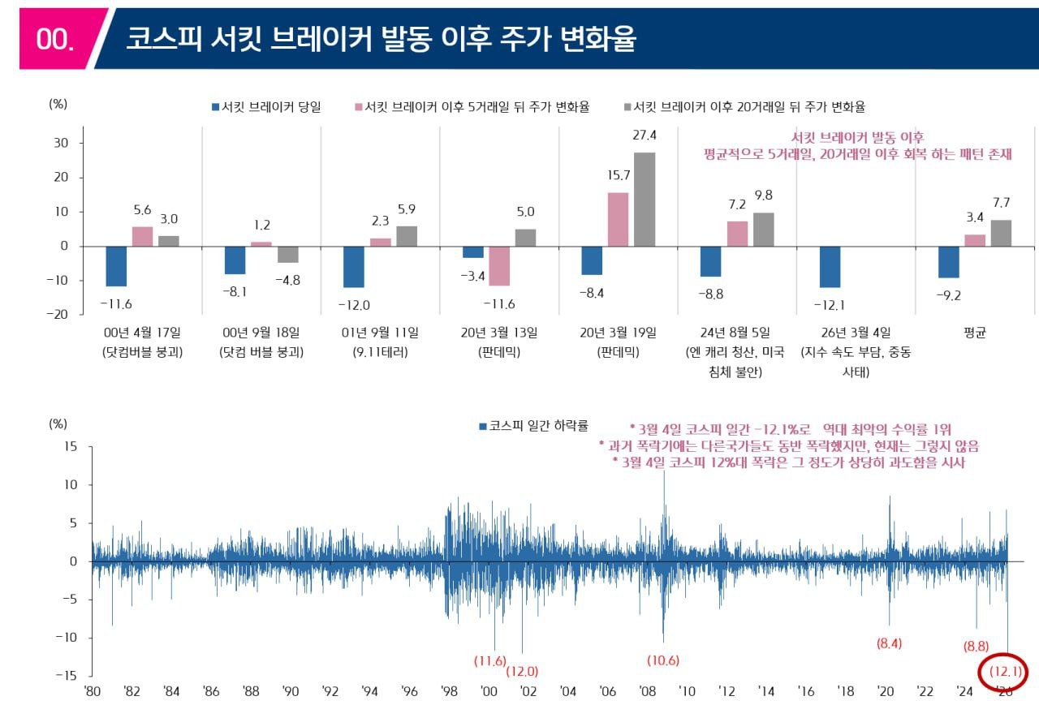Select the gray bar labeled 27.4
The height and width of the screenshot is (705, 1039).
coord(645,199)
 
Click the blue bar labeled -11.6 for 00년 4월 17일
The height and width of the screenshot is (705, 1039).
coord(116,266)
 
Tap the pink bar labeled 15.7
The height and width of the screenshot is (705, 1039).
coord(618,219)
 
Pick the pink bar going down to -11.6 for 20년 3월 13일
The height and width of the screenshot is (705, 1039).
coord(499,266)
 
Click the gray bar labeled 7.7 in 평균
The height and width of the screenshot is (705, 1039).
coord(1001,233)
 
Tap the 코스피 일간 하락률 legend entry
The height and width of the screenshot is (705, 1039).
coord(532,425)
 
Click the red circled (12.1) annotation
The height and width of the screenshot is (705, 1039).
coord(1004,672)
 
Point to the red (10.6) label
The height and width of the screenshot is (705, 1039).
coord(663,660)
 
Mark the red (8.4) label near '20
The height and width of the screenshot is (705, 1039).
coord(889,644)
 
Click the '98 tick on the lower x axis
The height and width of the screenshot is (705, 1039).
coord(450,691)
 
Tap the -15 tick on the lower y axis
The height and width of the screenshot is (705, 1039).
coord(66,675)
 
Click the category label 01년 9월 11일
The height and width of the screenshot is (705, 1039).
coord(380,333)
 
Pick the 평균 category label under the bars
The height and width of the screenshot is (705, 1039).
coord(974,333)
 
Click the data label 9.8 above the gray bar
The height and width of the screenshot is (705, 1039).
coord(763,195)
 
